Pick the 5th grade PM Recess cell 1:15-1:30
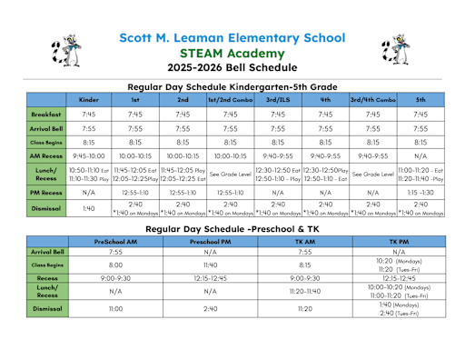tap(420, 193)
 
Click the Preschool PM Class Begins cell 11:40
tap(209, 264)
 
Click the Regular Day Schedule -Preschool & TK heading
tap(232, 230)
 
